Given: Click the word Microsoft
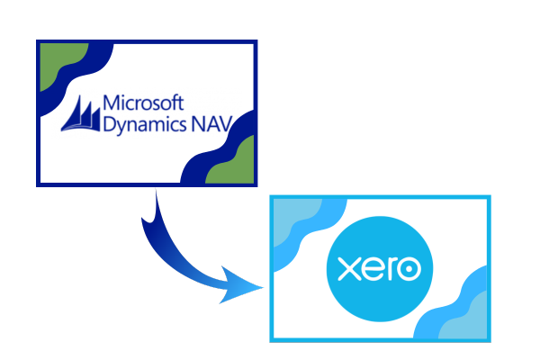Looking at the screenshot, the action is [x=143, y=103].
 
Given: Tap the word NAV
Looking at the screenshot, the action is [x=211, y=124].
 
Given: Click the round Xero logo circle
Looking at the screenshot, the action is [x=380, y=269].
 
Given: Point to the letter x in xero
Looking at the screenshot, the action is [x=348, y=269].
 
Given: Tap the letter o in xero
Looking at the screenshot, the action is [x=409, y=269].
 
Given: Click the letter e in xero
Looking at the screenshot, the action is [x=372, y=269].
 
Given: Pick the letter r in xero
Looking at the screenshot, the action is [x=391, y=269].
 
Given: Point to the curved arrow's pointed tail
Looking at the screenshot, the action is [x=151, y=207].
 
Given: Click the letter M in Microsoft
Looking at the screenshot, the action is [x=110, y=103].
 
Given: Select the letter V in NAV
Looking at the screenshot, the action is [x=226, y=124].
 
